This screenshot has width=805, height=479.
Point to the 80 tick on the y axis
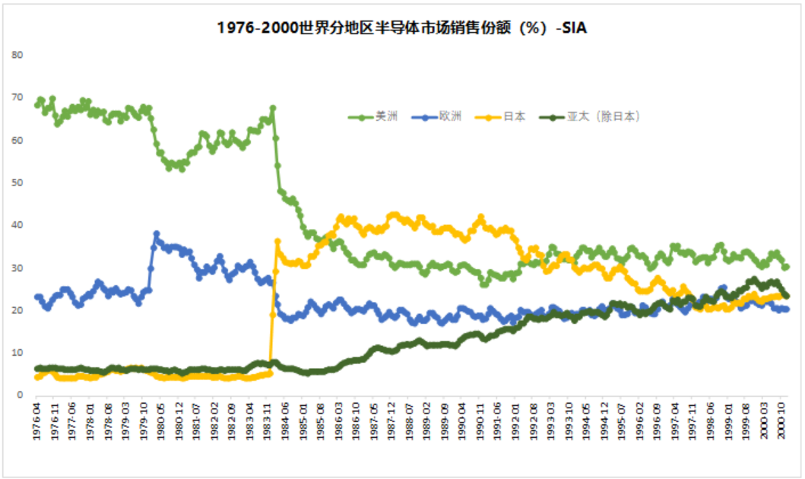coord(17,56)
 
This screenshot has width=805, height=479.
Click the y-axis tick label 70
coord(17,98)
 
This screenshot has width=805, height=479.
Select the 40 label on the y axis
coord(17,226)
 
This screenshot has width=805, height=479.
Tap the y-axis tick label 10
coord(17,353)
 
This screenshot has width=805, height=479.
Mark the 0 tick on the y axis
coord(21,395)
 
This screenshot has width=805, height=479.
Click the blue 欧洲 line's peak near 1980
coord(157,234)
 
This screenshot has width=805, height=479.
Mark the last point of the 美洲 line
coord(786,267)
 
